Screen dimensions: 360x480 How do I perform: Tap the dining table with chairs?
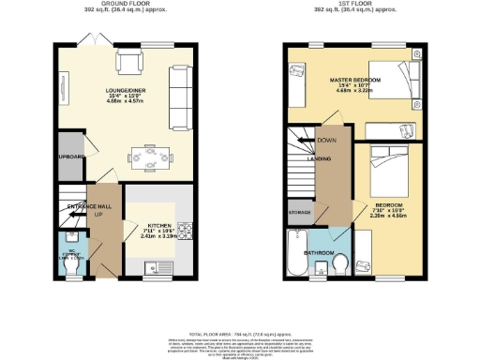coord(149,151)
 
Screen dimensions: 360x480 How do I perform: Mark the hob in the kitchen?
coord(184,228)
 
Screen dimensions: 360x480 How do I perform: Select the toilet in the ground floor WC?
coord(73,265)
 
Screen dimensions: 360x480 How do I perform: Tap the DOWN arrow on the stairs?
coord(326,141)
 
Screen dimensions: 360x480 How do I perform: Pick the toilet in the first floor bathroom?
coord(344,262)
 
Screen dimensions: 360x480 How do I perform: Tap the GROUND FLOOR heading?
coord(128,5)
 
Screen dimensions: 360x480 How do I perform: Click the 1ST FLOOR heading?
coord(352,5)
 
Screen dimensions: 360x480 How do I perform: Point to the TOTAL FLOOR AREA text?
coord(240,333)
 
